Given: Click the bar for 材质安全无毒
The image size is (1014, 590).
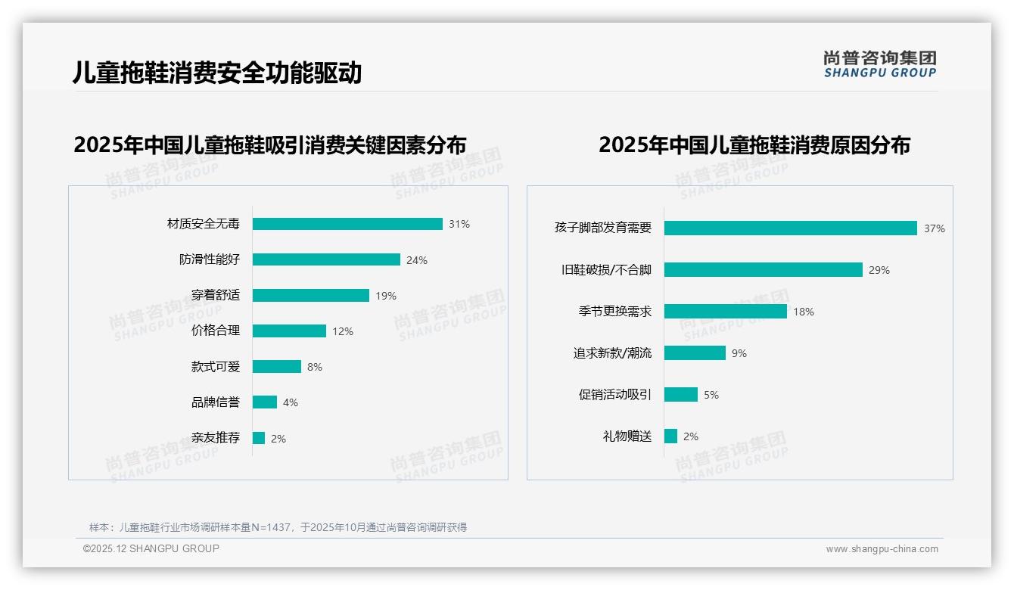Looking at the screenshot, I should (347, 224).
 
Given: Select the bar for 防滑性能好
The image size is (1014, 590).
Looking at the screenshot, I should (326, 259).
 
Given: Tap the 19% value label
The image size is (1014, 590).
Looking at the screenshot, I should (386, 296).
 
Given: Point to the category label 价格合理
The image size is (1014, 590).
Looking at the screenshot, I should (215, 331).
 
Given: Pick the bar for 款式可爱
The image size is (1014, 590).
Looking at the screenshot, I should (277, 366).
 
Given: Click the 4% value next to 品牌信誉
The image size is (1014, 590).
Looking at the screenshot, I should (291, 402).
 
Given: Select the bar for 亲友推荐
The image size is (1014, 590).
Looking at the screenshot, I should (259, 438).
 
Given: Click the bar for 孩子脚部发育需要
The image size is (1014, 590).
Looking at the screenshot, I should (791, 228).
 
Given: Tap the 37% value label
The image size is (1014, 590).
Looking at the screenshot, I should (934, 228).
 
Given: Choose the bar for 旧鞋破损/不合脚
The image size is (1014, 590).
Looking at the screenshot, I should (764, 270).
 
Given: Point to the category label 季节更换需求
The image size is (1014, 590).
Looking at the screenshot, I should (614, 312).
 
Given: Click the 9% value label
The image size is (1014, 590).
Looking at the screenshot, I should (739, 353).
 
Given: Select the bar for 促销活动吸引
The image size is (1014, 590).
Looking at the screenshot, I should (681, 395).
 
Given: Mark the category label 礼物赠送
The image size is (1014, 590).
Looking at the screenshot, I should (627, 436).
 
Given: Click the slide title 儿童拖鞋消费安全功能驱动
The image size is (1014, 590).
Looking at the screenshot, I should (217, 73).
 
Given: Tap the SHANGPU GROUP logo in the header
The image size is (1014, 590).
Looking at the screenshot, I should (880, 64).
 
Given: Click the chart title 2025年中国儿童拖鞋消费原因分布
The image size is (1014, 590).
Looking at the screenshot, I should (754, 144).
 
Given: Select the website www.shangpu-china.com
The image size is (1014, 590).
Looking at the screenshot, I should (882, 549).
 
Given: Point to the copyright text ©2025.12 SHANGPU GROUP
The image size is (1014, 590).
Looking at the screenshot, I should (151, 548).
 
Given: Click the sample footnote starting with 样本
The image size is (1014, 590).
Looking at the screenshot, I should (278, 527).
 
